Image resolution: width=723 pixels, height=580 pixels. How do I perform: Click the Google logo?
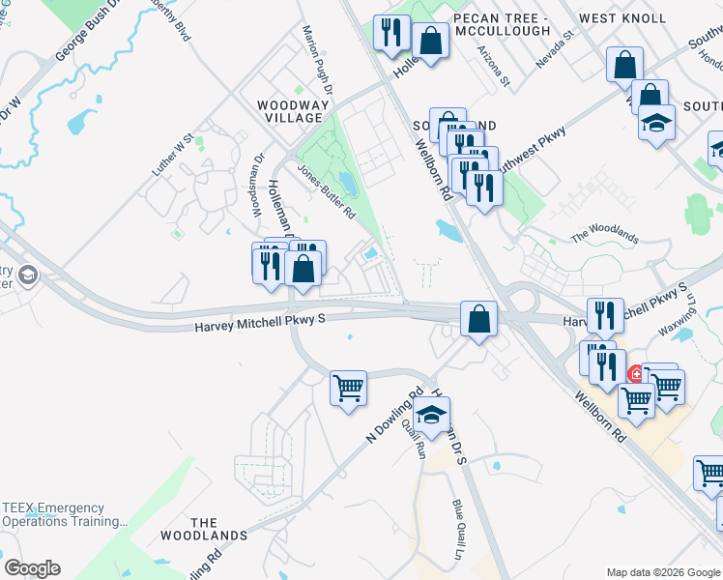(x=32, y=568)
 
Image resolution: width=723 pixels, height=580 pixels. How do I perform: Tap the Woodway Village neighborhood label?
(x=289, y=110)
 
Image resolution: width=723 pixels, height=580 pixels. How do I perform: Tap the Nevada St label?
(x=556, y=46)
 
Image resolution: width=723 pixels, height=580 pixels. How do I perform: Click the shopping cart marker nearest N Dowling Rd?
(x=348, y=389)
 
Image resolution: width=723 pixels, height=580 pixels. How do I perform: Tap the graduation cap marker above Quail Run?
(x=431, y=418)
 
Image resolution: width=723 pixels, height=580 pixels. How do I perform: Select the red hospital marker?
(x=636, y=374)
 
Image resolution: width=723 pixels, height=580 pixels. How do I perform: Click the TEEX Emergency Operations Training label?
(x=65, y=514)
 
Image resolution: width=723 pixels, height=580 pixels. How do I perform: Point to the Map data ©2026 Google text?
(x=662, y=571)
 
